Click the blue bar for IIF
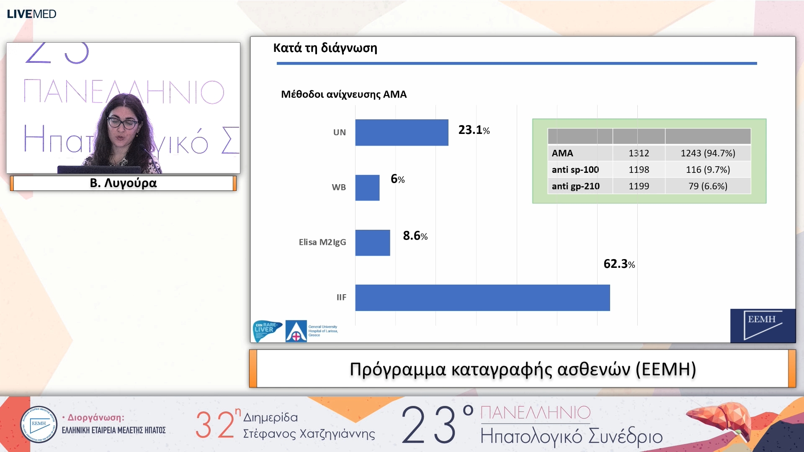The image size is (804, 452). coord(482,298)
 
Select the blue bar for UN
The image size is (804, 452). coord(402,133)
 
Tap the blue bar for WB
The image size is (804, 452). coord(367,187)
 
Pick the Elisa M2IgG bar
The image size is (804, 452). coord(372,243)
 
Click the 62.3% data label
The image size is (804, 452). coord(619,264)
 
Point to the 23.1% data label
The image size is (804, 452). coord(474,130)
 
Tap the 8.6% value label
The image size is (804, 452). coord(415,236)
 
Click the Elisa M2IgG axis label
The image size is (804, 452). coord(322,242)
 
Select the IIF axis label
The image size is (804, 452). coord(341,298)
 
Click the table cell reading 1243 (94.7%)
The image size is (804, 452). coord(708,153)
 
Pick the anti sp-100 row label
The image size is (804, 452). coord(575,169)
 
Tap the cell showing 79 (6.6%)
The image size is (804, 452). coord(708,186)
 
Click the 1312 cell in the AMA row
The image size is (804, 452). coord(639,153)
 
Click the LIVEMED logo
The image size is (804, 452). coord(31,14)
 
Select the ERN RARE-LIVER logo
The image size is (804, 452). coord(267,331)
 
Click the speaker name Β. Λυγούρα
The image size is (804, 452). coord(123,183)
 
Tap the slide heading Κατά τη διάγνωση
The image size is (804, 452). coord(325,48)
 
